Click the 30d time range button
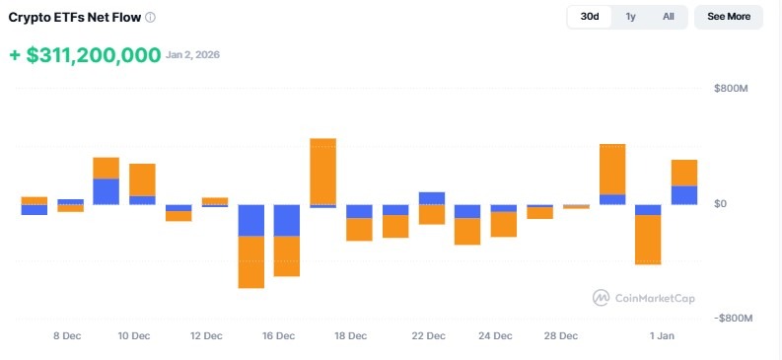coord(590,17)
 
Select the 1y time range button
coord(630,17)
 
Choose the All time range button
coord(668,17)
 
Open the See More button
coord(728,17)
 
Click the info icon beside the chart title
coord(150,18)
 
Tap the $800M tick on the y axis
coord(732,90)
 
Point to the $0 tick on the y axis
coord(722,204)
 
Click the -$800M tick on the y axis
coord(733,319)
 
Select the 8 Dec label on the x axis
coord(66,336)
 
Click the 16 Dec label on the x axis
coord(279,336)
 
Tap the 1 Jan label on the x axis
coord(662,336)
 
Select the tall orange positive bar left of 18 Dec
coord(323,171)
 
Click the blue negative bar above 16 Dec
coord(287,220)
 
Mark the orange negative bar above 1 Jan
coord(648,240)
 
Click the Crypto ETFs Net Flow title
coord(74,18)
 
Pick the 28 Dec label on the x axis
coord(561,336)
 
